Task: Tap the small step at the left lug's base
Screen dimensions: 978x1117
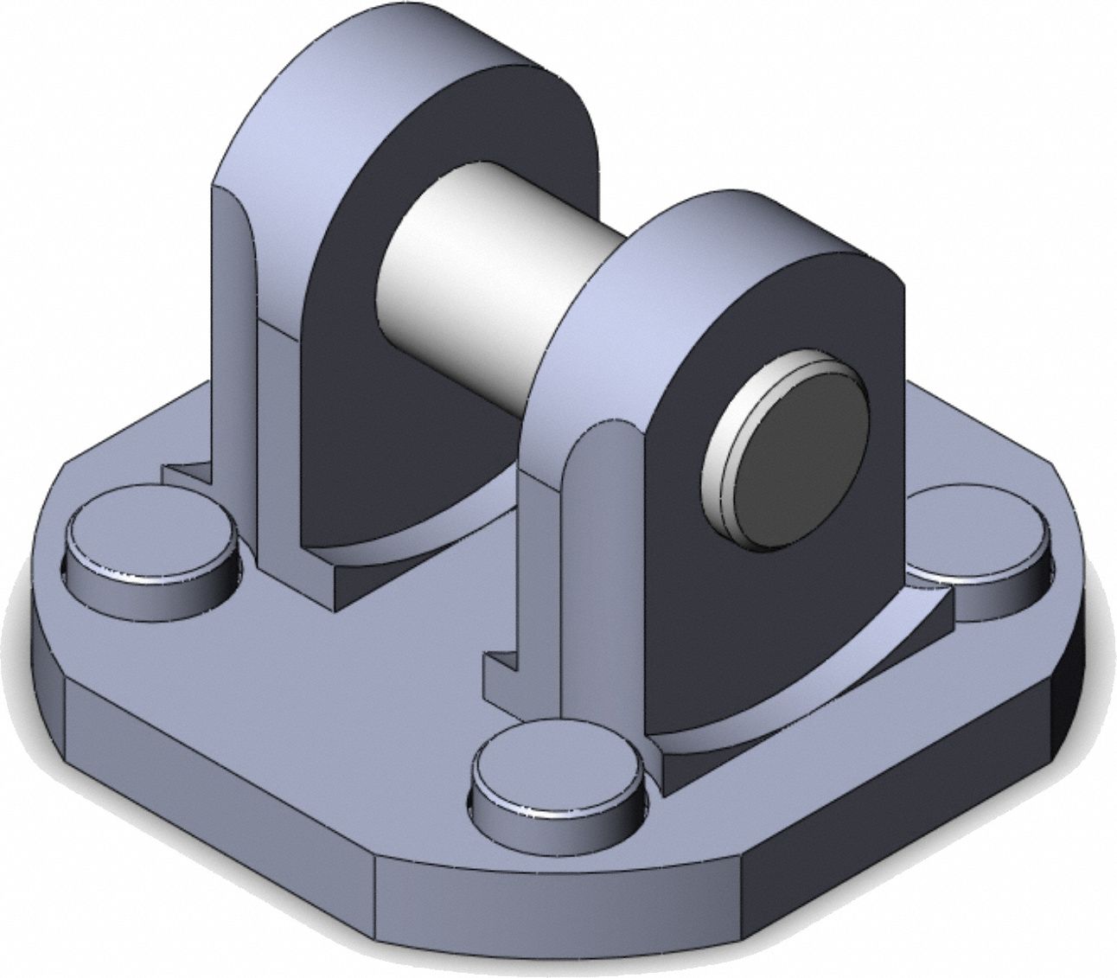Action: pyautogui.click(x=186, y=474)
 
